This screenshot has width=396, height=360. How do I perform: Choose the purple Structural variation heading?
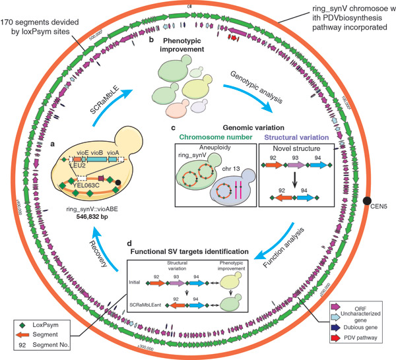point(292,138)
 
